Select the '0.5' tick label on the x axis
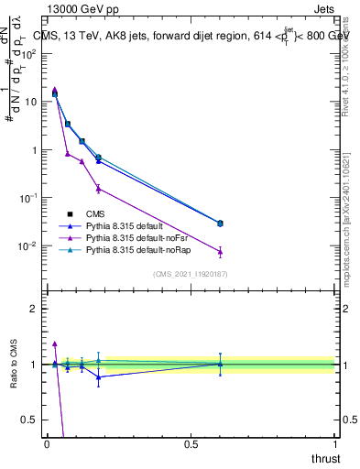[191, 443]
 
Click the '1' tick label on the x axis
[334, 443]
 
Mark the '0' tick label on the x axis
[47, 443]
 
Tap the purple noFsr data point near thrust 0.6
[220, 252]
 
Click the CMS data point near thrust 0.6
[220, 224]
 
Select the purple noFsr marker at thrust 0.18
[99, 189]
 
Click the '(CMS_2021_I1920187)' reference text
[190, 273]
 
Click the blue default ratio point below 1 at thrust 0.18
[99, 376]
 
